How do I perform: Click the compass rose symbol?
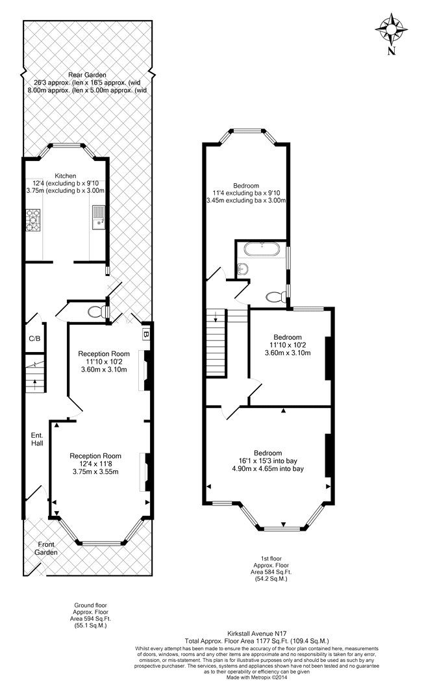pyautogui.click(x=392, y=29)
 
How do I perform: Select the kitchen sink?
pyautogui.click(x=98, y=217)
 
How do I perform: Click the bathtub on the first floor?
pyautogui.click(x=261, y=249)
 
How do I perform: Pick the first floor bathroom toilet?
pyautogui.click(x=275, y=297)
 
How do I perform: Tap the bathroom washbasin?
pyautogui.click(x=243, y=270)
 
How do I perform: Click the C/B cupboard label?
pyautogui.click(x=34, y=338)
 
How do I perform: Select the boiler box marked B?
pyautogui.click(x=146, y=335)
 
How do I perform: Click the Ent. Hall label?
pyautogui.click(x=37, y=439)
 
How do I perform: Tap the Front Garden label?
pyautogui.click(x=46, y=548)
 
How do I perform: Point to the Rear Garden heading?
pyautogui.click(x=87, y=75)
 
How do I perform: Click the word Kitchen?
pyautogui.click(x=66, y=176)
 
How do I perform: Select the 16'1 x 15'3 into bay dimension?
pyautogui.click(x=268, y=461)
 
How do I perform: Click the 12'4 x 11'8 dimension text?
pyautogui.click(x=95, y=464)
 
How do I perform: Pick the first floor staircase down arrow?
pyautogui.click(x=216, y=317)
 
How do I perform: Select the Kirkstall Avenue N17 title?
pyautogui.click(x=257, y=633)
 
